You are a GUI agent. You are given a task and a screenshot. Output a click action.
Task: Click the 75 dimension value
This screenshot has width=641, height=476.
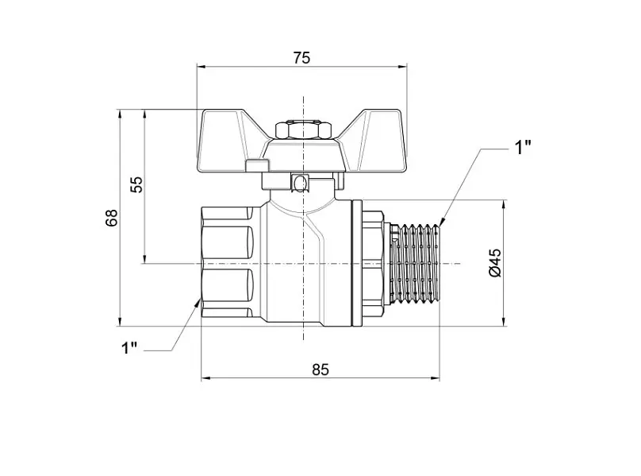[301, 58]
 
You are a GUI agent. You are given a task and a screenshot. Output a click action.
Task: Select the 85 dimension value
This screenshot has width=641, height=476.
[320, 370]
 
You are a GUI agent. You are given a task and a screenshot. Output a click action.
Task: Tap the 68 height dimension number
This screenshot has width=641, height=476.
[111, 218]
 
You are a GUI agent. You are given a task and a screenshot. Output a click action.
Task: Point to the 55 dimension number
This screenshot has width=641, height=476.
[137, 184]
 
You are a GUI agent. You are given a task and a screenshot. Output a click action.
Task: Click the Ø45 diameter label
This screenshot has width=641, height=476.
[495, 262]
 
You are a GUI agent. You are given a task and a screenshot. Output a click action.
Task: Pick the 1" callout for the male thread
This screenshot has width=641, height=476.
[523, 147]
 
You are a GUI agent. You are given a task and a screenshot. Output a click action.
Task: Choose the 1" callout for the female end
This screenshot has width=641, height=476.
[129, 348]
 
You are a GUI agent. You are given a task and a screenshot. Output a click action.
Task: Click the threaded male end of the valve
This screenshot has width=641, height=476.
[415, 264]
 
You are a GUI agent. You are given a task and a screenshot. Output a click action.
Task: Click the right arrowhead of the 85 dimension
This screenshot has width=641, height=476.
[435, 378]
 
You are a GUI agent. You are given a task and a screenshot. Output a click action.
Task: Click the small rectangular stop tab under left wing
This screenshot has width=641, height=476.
[257, 165]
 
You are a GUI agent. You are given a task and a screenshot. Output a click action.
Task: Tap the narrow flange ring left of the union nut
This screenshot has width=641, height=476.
[356, 263]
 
